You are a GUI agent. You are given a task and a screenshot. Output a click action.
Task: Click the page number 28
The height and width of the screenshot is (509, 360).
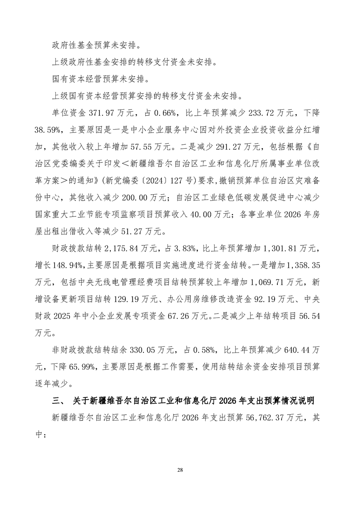(x=180, y=470)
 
